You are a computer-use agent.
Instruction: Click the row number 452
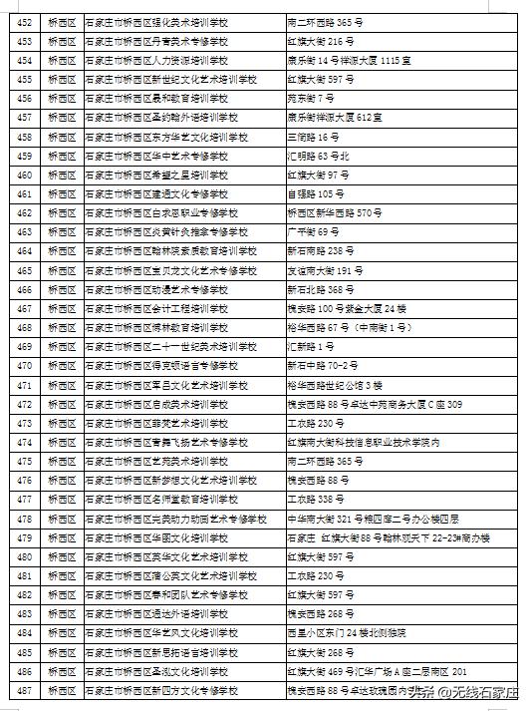click(24, 20)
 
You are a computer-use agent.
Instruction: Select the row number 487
click(24, 690)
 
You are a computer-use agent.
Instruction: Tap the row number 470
click(24, 365)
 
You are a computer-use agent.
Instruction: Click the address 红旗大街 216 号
click(314, 39)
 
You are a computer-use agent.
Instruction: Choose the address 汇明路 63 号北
click(318, 155)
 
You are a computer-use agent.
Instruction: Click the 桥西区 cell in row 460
click(62, 174)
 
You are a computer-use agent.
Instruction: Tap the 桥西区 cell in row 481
click(62, 575)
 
